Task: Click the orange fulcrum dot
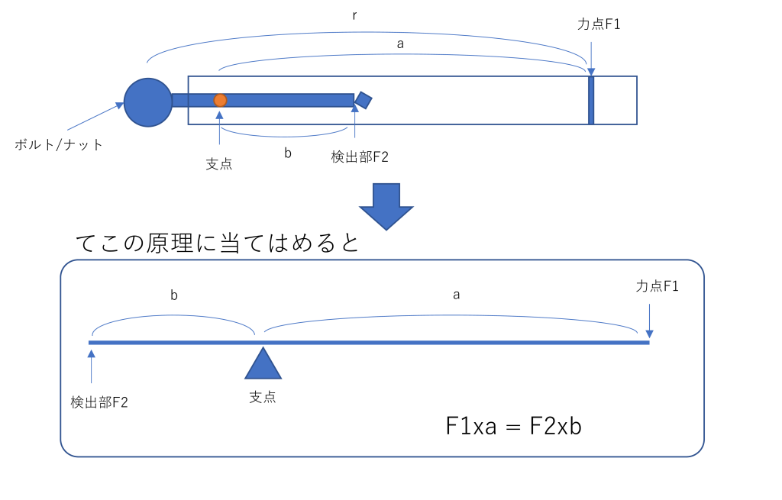(221, 100)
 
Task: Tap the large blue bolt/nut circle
(148, 102)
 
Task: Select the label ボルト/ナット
(58, 144)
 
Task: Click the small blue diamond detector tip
(364, 100)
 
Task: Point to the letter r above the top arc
(354, 15)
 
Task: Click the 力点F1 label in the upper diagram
(599, 24)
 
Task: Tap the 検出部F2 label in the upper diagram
(360, 157)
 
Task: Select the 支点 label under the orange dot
(219, 164)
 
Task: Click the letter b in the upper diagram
(288, 153)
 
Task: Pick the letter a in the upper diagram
(400, 44)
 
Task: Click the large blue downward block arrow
(386, 206)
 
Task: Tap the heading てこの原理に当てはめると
(218, 243)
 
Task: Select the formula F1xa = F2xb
(514, 426)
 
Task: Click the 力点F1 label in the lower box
(657, 285)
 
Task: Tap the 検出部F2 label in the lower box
(99, 402)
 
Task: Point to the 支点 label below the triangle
(263, 397)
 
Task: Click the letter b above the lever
(174, 295)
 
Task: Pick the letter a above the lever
(456, 295)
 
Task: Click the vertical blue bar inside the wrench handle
(591, 100)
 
